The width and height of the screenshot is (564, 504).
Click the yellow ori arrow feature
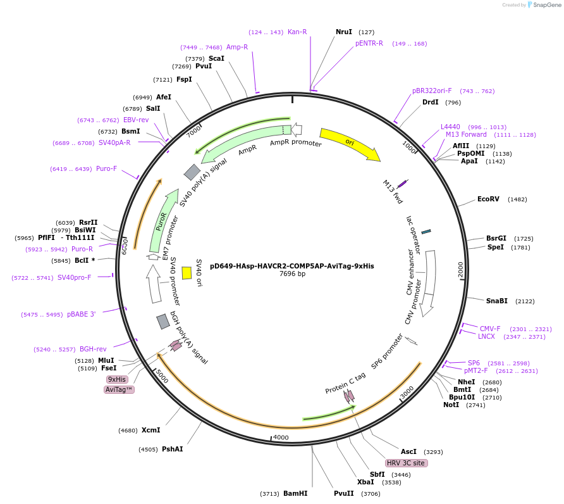point(349,144)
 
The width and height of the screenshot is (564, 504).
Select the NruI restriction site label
point(344,32)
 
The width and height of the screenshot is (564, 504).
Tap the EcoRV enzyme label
point(488,199)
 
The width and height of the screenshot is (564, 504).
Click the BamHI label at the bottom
point(295,493)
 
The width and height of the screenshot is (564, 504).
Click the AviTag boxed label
point(119,389)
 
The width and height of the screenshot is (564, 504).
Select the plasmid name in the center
point(291,266)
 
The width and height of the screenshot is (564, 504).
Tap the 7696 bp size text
point(292,274)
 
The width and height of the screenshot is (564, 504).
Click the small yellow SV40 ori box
point(187,272)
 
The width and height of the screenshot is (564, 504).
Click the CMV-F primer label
point(490,329)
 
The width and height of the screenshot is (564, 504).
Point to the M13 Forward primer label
point(466,134)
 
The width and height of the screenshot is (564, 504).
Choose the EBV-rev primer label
point(136,120)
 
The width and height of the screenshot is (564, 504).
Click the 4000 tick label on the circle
point(280,437)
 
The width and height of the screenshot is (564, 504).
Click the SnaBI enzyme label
point(496,301)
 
